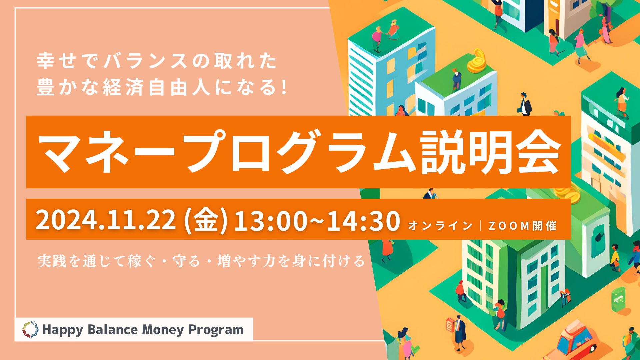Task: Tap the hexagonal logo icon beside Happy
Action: (30, 329)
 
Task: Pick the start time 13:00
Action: (270, 220)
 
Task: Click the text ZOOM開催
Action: (522, 226)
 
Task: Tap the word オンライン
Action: (440, 226)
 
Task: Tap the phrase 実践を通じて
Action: (82, 261)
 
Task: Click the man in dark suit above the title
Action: (524, 104)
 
